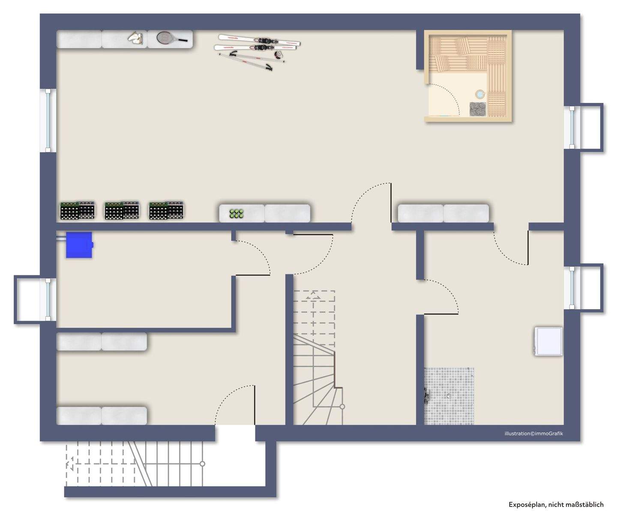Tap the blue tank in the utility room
point(79,245)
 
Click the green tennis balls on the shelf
point(237,213)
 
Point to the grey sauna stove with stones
point(478,109)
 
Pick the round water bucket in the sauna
point(480,93)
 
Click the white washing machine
point(548,341)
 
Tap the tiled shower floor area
point(449,396)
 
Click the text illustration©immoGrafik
point(533,433)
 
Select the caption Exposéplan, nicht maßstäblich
point(556,504)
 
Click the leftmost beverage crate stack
point(77,210)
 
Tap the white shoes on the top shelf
point(135,38)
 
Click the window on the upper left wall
point(48,120)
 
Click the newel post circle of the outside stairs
point(203,464)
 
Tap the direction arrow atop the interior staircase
point(314,296)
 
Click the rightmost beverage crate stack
point(167,210)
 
